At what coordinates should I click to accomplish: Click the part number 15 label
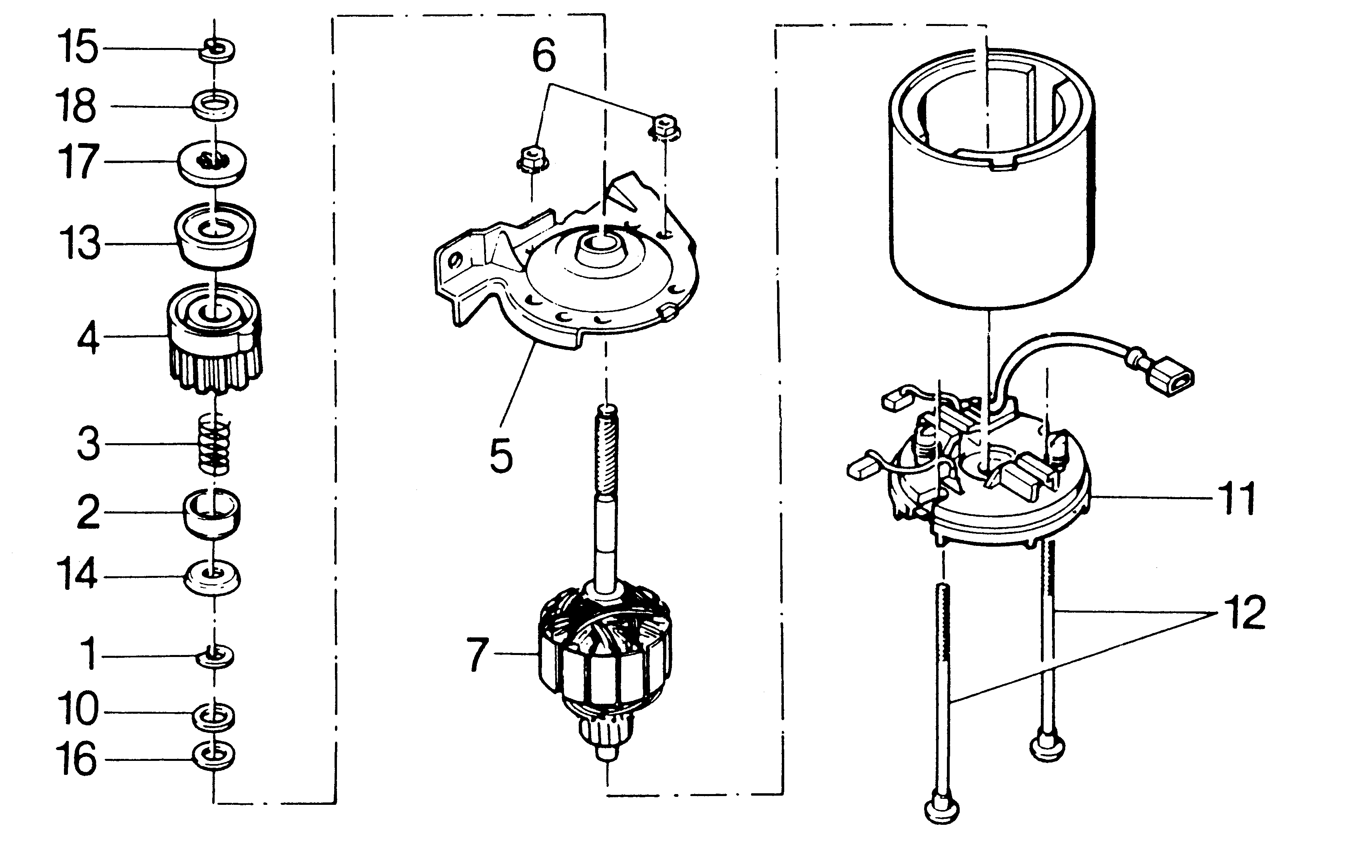point(78,48)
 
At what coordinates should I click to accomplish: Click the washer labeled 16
point(214,756)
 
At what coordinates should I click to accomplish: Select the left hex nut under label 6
point(532,159)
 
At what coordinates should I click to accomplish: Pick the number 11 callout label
point(1235,498)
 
